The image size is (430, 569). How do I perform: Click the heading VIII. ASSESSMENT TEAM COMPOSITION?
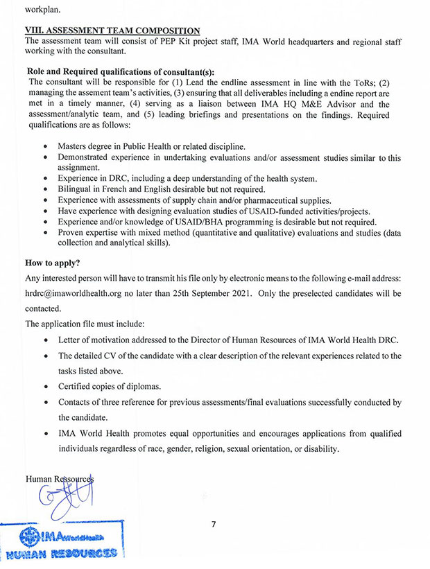(112, 30)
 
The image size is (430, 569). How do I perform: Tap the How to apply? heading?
(53, 263)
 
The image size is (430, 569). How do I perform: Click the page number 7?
(214, 523)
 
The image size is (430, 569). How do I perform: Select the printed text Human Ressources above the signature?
(59, 479)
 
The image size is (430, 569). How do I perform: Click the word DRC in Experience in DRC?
(123, 179)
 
